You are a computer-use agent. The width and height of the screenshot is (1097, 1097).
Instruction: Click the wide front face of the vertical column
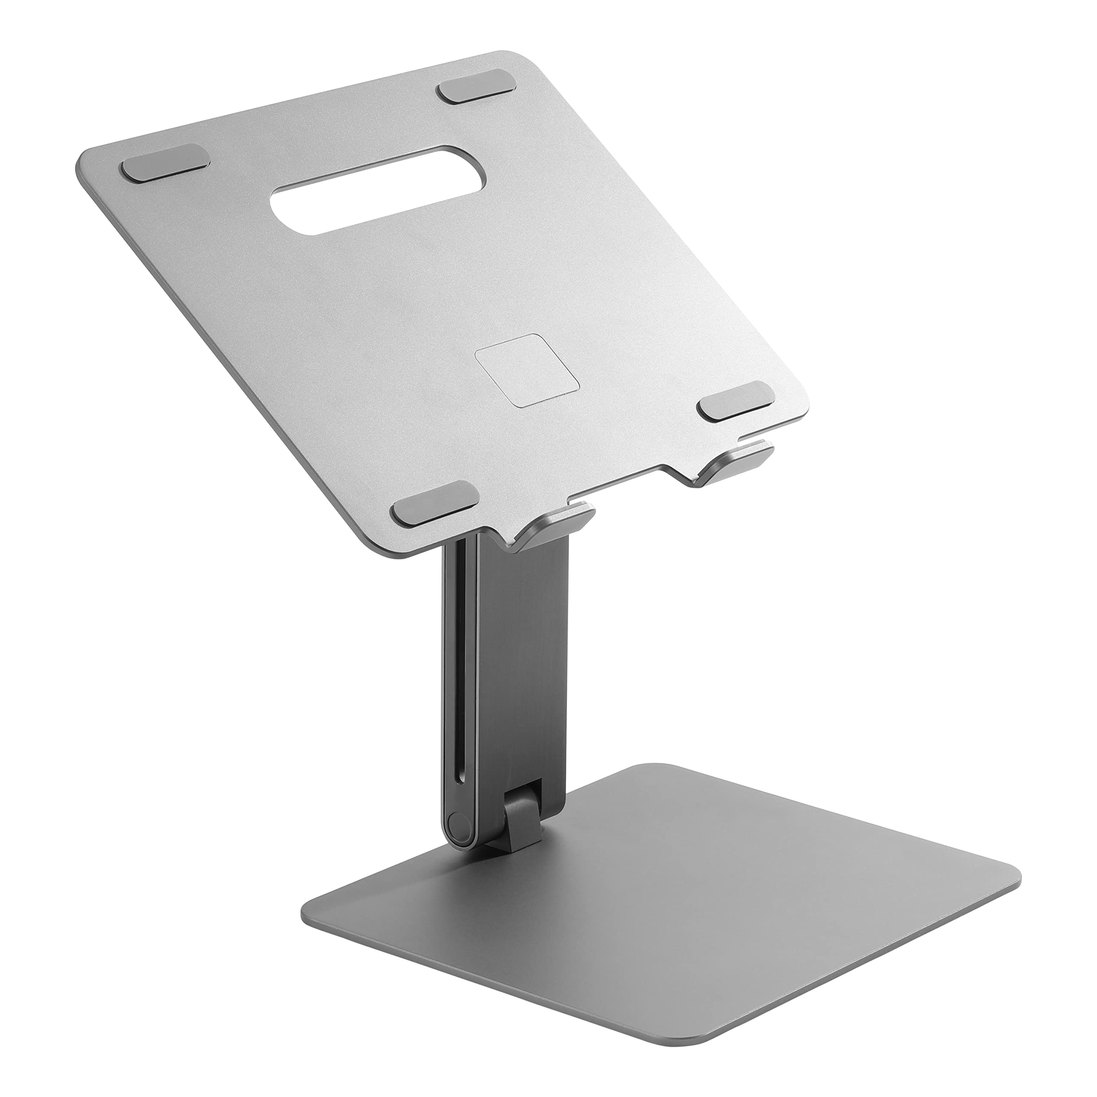point(522,681)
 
